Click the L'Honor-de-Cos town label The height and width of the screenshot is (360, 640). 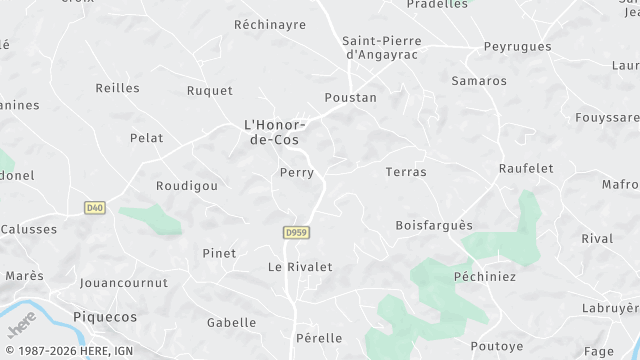[272, 132]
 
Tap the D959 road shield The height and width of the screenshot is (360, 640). [294, 232]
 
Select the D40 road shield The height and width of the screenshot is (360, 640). [95, 208]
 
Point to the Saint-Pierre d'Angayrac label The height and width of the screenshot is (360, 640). [381, 48]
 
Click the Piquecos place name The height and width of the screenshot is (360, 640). [105, 316]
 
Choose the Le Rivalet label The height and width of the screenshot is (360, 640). [299, 267]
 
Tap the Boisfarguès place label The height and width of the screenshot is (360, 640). [434, 225]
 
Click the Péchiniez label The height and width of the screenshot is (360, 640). [484, 275]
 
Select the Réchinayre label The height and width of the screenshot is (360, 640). [269, 25]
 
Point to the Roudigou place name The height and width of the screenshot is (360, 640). [186, 186]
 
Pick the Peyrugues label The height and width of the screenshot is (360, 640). [517, 47]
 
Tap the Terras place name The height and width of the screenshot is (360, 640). [406, 172]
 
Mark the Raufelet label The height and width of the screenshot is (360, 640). [526, 169]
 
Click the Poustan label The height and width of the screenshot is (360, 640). [350, 98]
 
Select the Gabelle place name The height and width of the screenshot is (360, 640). [231, 323]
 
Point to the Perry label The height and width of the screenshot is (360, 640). [297, 173]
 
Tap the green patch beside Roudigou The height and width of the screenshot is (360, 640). [150, 219]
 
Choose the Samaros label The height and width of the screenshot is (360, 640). [479, 81]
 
